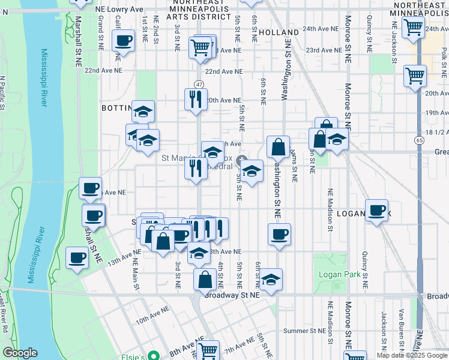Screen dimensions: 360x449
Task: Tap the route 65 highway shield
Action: pyautogui.click(x=417, y=139)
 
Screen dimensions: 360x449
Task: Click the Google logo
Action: pyautogui.click(x=20, y=353)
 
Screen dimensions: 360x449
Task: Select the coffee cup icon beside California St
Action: pyautogui.click(x=124, y=41)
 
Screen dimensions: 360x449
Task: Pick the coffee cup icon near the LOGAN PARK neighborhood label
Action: pyautogui.click(x=376, y=211)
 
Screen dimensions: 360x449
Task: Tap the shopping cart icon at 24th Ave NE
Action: pyautogui.click(x=413, y=27)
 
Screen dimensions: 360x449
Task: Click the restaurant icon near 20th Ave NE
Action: pyautogui.click(x=196, y=99)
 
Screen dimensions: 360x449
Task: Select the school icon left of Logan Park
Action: pyautogui.click(x=271, y=279)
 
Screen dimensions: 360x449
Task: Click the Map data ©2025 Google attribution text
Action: pyautogui.click(x=412, y=355)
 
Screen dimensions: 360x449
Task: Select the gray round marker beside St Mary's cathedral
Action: pyautogui.click(x=242, y=160)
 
